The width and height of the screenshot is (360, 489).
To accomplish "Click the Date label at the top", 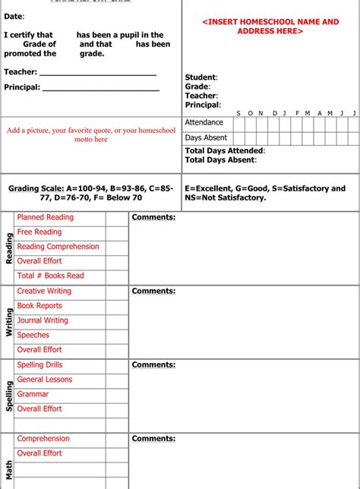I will tap(14, 16).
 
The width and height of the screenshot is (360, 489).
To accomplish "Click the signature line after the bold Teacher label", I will tap(97, 74).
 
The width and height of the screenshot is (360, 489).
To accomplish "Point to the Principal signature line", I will tap(101, 90).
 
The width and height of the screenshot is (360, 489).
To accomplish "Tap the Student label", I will tap(201, 77).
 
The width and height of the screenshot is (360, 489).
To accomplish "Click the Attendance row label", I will tap(204, 122).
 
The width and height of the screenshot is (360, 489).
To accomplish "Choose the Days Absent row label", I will tap(206, 137).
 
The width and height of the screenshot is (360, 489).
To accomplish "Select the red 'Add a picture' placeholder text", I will tap(91, 134).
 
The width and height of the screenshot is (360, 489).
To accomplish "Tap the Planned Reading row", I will tap(46, 217).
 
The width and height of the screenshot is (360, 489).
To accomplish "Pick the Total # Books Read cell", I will tap(50, 276).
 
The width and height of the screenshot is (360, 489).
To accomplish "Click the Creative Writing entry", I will tap(44, 291).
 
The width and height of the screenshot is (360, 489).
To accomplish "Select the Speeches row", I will tap(33, 335).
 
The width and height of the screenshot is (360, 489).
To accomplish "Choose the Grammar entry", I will tap(33, 394).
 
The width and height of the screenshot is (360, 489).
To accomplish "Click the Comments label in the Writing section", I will tap(153, 291).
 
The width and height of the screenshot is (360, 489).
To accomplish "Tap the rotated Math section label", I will tap(9, 468).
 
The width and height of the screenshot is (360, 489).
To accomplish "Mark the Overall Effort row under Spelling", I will tap(39, 409).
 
